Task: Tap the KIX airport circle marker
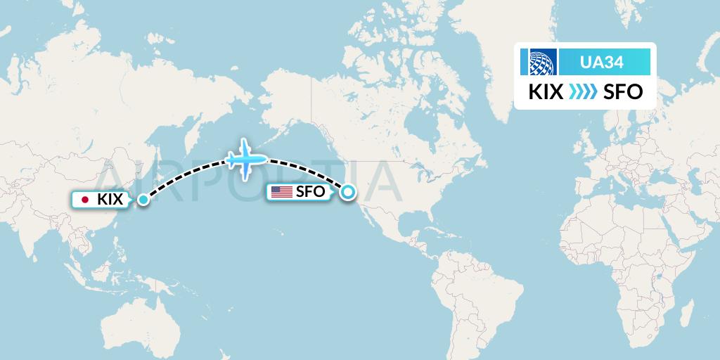pos(143,200)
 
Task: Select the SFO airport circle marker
pos(347,191)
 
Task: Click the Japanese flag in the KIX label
pos(86,200)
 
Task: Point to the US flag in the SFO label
pos(282,191)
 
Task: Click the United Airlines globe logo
pos(539,62)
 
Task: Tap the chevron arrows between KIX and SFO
pos(581,92)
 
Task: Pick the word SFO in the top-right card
pos(623,92)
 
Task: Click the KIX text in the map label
pos(110,200)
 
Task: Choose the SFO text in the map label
pos(309,191)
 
